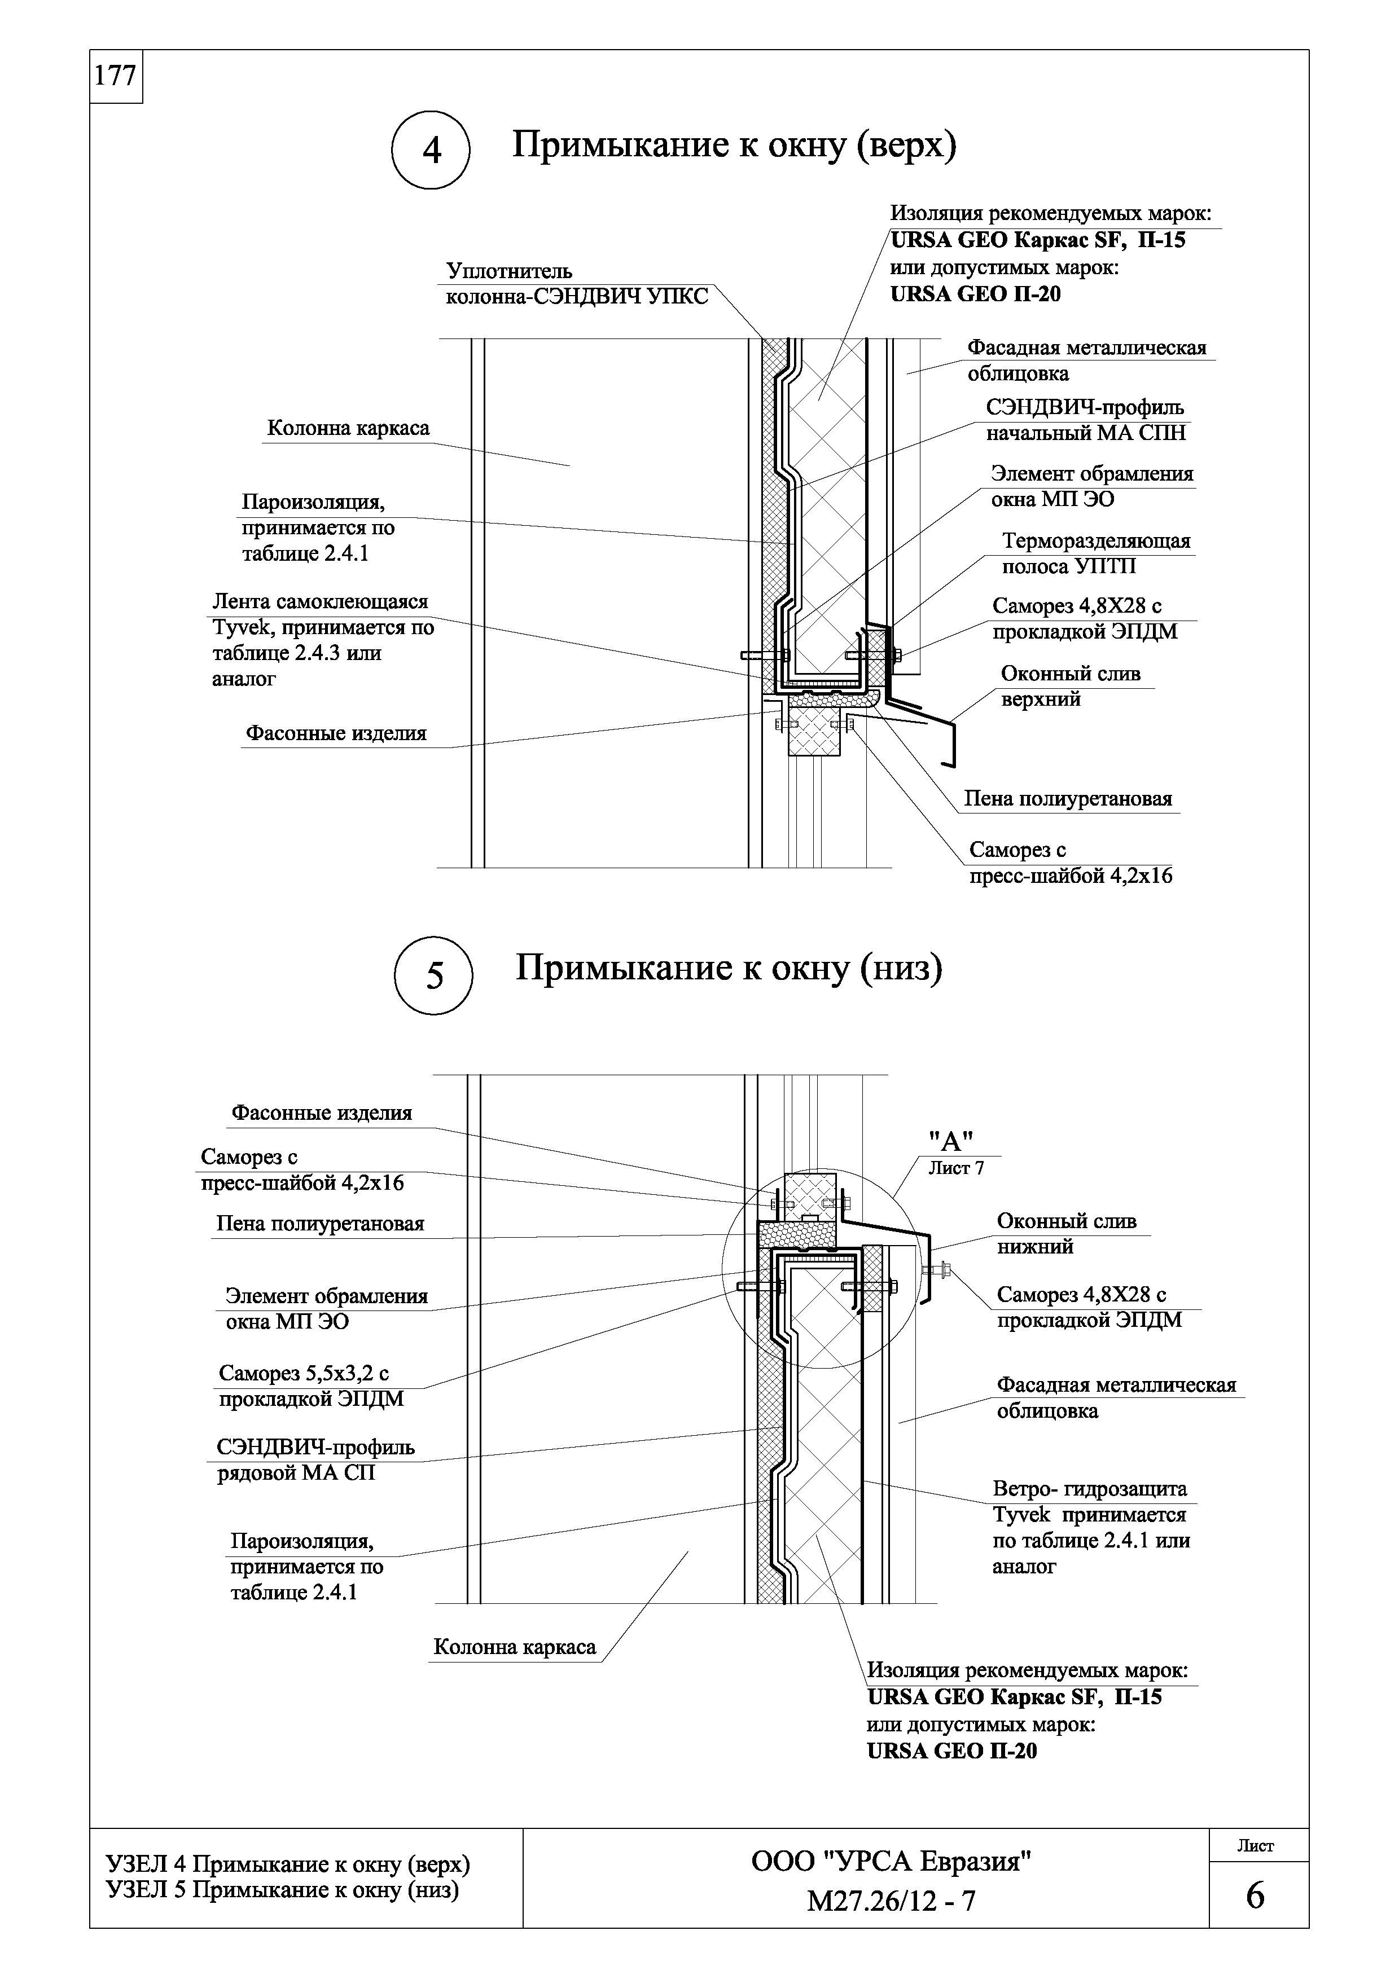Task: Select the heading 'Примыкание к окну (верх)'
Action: (x=734, y=146)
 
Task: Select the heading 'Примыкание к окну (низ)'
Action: (x=729, y=969)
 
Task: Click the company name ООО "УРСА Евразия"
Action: (x=891, y=1862)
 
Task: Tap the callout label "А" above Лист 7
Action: (x=950, y=1141)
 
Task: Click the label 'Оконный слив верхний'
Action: (x=1071, y=686)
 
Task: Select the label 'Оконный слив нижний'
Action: (x=1066, y=1233)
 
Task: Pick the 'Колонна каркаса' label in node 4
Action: (x=348, y=428)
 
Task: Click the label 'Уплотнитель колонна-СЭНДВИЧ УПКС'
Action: (x=576, y=284)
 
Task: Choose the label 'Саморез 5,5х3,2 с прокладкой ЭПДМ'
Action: (x=310, y=1386)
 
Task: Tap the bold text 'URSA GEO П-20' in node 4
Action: (x=975, y=295)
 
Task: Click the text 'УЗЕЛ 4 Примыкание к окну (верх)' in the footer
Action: (x=287, y=1865)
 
